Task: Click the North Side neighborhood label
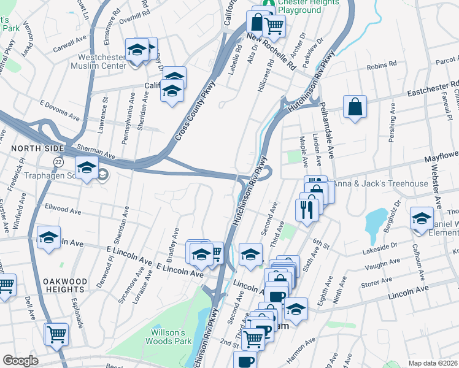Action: point(29,148)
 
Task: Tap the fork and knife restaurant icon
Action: point(305,209)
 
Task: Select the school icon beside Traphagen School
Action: point(87,168)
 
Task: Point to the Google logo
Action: point(20,361)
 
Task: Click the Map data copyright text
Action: point(433,363)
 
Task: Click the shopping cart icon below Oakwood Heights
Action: point(56,334)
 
